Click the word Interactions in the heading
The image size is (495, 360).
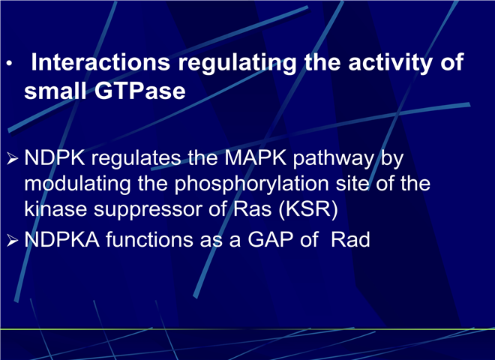coord(100,62)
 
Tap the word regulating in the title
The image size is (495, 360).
coord(238,64)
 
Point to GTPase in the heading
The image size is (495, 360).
coord(139,91)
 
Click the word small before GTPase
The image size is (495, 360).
coord(55,91)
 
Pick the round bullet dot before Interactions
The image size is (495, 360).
coord(9,64)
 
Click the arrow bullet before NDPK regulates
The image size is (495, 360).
coord(12,158)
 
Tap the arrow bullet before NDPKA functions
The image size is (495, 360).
coord(12,241)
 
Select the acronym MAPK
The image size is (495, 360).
coord(256,157)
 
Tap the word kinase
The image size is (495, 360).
coord(55,208)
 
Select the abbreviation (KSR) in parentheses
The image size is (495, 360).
coord(308,209)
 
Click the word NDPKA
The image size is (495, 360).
coord(61,239)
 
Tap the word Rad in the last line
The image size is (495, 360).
coord(350,239)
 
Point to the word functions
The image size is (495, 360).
coord(149,239)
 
